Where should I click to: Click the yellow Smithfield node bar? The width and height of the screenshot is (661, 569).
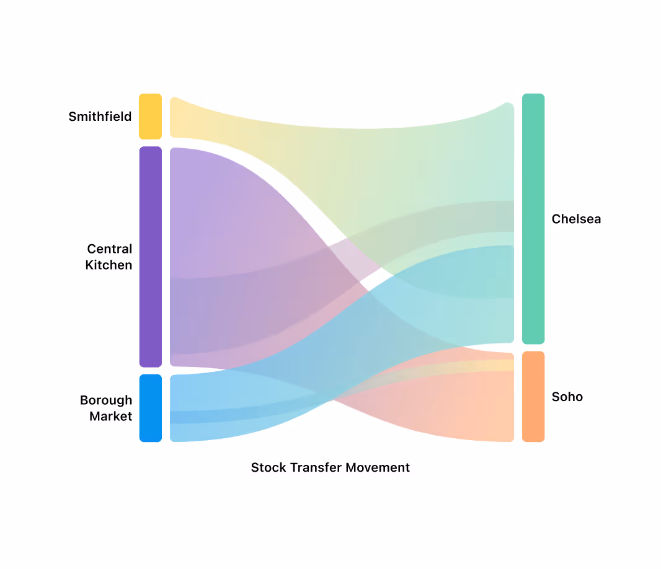coord(150,117)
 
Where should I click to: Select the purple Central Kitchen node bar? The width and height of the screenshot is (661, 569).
coord(150,257)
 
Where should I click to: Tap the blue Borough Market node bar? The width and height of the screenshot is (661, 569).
coord(150,408)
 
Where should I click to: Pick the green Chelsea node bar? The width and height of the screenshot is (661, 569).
coord(533,219)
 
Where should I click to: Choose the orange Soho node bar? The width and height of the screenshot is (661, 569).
coord(533,397)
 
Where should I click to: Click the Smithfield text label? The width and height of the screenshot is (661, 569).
coord(100,117)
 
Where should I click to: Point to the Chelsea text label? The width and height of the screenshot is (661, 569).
coord(576,219)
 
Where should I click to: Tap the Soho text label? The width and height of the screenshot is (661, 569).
coord(567,397)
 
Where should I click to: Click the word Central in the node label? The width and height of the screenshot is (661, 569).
coord(109,249)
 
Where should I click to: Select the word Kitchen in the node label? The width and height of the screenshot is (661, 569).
coord(109,265)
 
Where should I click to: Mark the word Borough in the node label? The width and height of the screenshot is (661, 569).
coord(106,400)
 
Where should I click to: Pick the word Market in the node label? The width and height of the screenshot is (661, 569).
coord(110,417)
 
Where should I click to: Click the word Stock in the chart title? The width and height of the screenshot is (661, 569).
coord(265,467)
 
